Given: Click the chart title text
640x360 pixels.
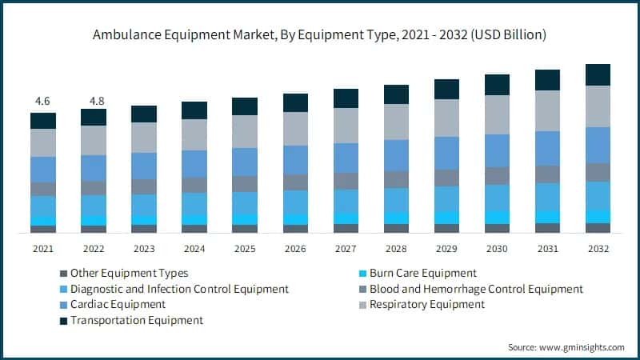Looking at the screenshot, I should tap(319, 34).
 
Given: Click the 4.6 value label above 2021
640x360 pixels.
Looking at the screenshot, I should tap(43, 102).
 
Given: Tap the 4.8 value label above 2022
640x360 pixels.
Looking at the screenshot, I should tap(94, 102).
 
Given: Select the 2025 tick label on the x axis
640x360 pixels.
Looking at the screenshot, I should tap(245, 249).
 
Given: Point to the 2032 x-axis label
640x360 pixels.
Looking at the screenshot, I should tap(598, 249).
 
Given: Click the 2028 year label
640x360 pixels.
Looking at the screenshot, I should tap(396, 249).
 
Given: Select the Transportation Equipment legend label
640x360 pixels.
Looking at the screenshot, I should tap(137, 320).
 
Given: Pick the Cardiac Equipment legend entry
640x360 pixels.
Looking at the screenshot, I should tap(118, 304).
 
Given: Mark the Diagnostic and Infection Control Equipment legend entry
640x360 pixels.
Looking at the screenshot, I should tap(179, 289).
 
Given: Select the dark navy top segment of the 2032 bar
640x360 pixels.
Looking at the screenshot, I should tap(598, 74).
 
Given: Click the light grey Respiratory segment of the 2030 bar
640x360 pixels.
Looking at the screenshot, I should tap(497, 114).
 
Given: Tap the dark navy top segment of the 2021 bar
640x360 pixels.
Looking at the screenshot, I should tap(43, 120).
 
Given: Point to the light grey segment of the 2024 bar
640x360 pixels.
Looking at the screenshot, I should tap(194, 134).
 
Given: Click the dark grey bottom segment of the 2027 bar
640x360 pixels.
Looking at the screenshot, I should tap(346, 228).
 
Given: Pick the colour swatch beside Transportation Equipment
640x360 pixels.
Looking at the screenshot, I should tap(63, 320).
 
